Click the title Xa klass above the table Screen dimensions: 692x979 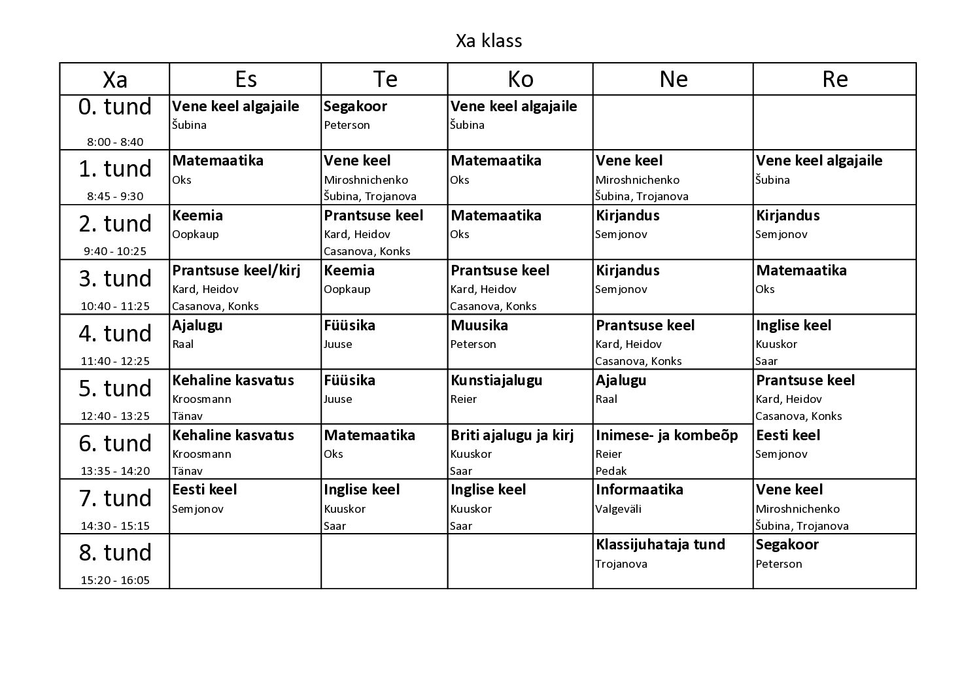click(x=489, y=41)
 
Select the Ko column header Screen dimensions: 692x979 click(x=521, y=79)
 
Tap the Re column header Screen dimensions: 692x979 click(x=835, y=79)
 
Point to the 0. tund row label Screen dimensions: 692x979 click(x=114, y=107)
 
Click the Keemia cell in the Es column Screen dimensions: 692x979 click(x=198, y=216)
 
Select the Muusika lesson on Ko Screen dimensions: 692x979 click(x=479, y=326)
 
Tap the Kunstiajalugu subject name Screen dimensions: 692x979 click(x=496, y=381)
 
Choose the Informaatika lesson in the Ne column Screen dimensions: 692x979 click(x=640, y=490)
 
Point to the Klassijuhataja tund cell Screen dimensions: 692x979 click(x=661, y=545)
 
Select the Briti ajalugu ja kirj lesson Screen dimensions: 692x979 click(x=512, y=436)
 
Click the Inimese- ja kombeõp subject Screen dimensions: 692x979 click(x=666, y=436)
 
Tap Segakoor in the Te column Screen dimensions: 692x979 click(x=356, y=107)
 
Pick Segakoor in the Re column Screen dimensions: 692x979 click(x=787, y=545)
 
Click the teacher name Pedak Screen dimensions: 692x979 click(x=611, y=471)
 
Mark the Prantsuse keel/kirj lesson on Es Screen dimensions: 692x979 click(x=236, y=271)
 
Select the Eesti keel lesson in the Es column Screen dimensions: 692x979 click(x=205, y=490)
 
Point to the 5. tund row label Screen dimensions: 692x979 click(x=114, y=389)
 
